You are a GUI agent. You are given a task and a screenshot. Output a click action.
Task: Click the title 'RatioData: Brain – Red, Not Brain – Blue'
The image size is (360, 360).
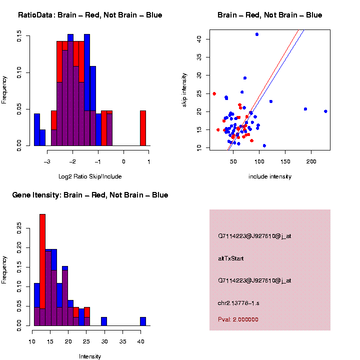[90, 15]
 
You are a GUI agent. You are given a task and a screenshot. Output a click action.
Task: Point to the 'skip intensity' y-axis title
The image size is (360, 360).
[184, 89]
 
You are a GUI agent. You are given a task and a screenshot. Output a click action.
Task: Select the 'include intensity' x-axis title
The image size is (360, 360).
[269, 176]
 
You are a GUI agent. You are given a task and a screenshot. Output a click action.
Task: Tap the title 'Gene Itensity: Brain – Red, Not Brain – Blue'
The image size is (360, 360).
[90, 195]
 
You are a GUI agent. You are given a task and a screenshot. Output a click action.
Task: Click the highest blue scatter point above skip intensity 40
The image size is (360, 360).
[257, 34]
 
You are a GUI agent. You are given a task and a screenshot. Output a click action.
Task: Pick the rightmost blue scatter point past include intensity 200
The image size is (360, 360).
[325, 111]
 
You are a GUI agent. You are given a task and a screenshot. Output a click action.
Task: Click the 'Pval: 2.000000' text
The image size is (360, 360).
[238, 319]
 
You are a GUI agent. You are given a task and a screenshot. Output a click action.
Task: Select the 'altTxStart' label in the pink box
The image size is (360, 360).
[231, 258]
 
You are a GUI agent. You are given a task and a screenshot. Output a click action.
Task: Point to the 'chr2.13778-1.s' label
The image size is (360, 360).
[238, 303]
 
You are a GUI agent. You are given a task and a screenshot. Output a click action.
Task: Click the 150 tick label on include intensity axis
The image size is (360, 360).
[285, 161]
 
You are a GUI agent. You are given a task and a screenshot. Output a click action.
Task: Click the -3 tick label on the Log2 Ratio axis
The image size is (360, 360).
[46, 161]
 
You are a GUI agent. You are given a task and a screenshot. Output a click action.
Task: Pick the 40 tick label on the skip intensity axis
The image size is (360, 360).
[199, 38]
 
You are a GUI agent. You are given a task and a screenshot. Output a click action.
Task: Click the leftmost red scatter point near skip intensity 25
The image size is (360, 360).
[214, 93]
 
